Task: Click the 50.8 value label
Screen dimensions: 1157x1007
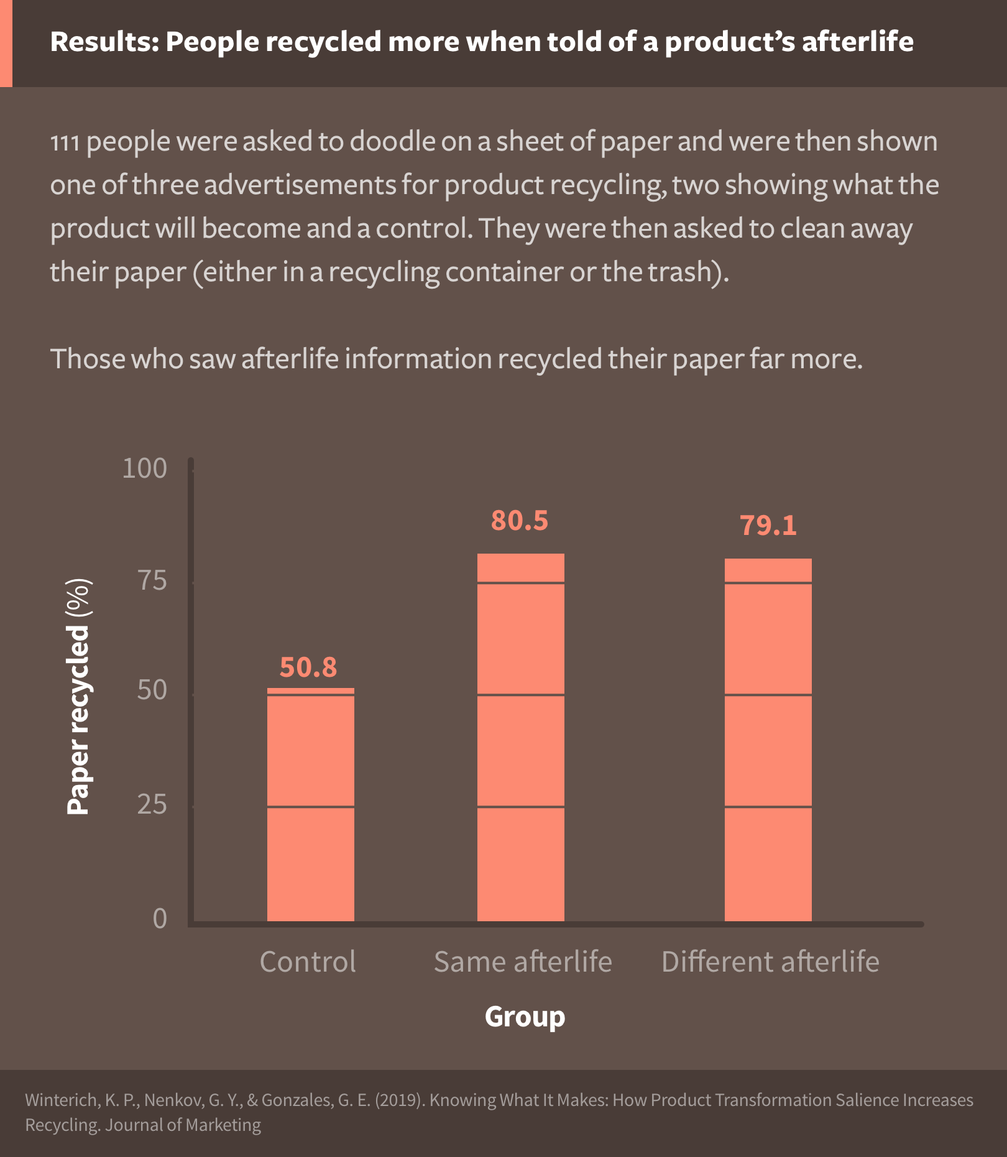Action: [x=308, y=667]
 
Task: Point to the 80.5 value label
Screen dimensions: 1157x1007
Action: [x=519, y=521]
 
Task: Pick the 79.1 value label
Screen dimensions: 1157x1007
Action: [x=768, y=526]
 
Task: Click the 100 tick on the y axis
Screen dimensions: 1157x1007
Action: [x=144, y=468]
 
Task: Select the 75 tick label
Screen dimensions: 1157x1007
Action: [x=152, y=580]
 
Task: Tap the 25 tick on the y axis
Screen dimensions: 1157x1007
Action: [x=152, y=804]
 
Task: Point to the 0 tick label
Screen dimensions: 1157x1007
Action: [x=160, y=919]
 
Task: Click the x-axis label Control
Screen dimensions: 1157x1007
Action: [x=308, y=962]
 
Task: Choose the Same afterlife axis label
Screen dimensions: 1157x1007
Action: [x=523, y=962]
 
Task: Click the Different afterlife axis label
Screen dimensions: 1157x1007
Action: [x=770, y=962]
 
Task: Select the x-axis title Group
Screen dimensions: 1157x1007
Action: [x=525, y=1016]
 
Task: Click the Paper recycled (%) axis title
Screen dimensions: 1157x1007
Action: [x=79, y=697]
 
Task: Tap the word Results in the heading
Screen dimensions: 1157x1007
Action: [x=104, y=42]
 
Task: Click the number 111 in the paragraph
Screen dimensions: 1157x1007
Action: [x=65, y=142]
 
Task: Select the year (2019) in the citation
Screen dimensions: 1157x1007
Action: [x=400, y=1100]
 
